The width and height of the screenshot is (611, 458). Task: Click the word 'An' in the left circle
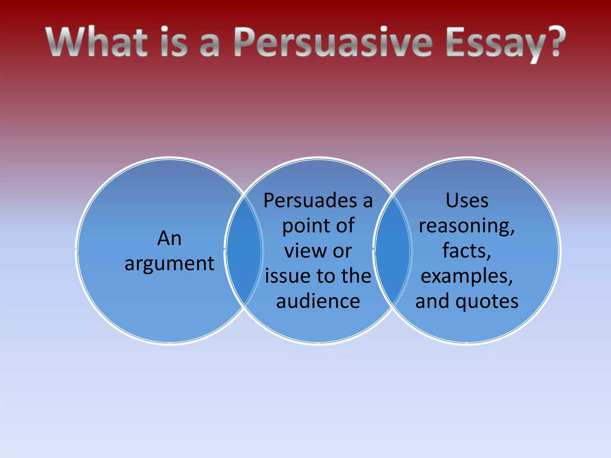click(x=169, y=239)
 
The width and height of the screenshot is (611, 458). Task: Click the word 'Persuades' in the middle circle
click(x=310, y=201)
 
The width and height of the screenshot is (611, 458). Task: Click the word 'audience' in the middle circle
click(x=318, y=301)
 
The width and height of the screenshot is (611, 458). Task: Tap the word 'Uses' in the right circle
click(x=467, y=201)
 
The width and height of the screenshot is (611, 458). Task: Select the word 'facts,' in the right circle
click(x=467, y=251)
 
